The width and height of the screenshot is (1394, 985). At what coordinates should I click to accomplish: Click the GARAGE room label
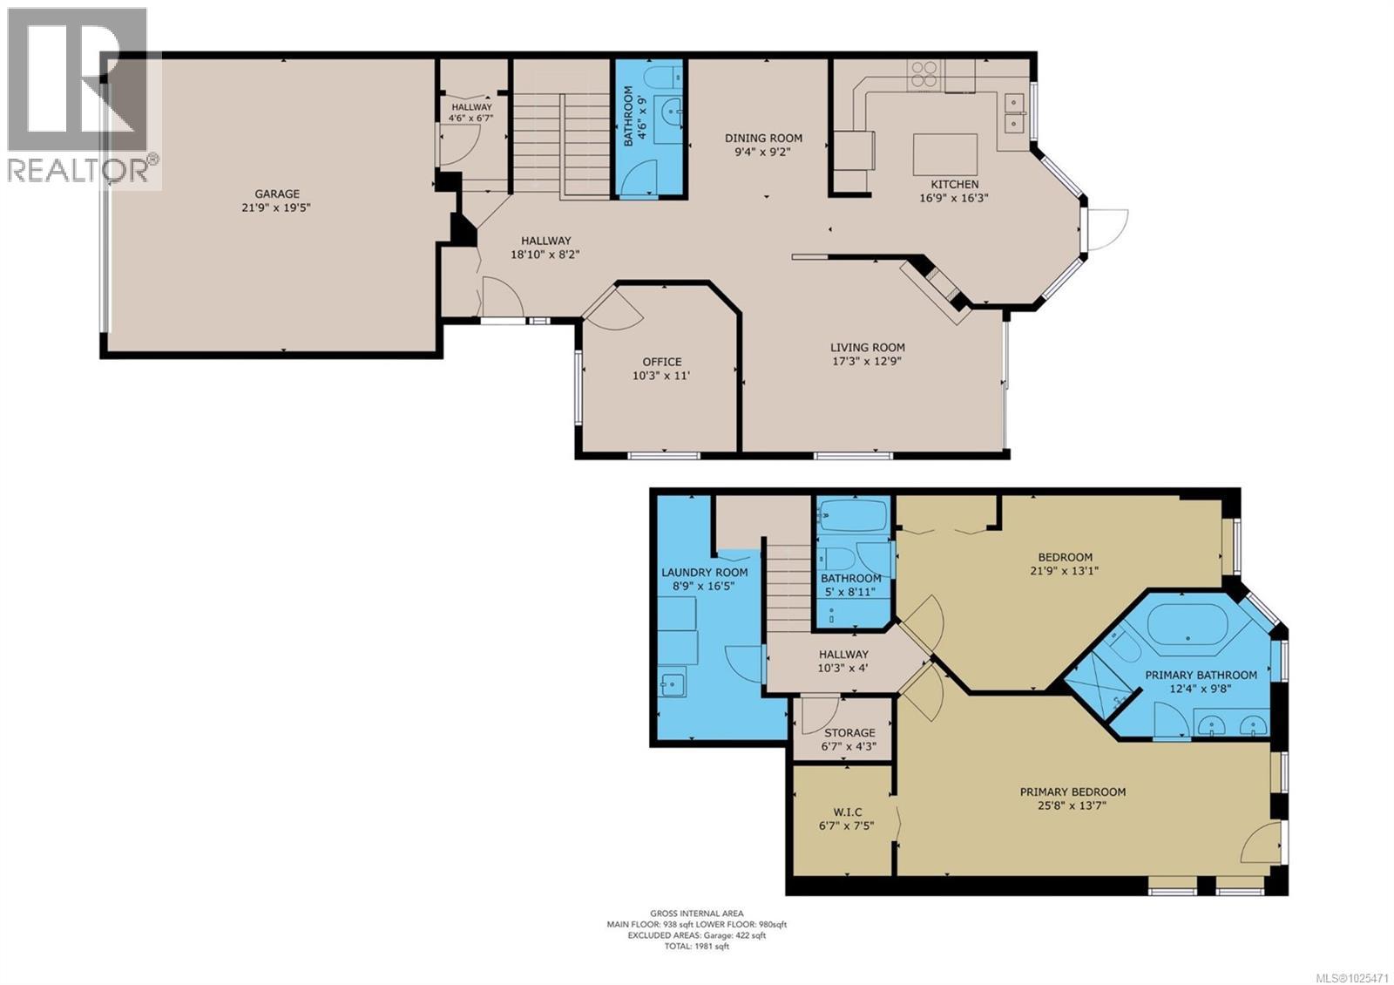(x=277, y=194)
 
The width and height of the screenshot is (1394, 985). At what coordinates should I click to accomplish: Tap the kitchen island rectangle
(x=945, y=155)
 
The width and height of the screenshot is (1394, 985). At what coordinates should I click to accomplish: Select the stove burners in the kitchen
(x=925, y=74)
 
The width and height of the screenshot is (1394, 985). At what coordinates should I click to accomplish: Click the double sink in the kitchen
(x=1015, y=112)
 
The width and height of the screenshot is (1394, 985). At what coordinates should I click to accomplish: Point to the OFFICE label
(x=662, y=362)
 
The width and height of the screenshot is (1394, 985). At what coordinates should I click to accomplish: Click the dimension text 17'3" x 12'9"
(x=867, y=361)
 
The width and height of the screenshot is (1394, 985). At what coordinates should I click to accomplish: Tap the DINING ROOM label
(x=763, y=138)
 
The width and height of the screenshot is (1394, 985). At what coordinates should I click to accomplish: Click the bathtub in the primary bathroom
(x=1186, y=624)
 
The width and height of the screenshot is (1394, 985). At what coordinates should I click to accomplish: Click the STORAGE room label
(x=849, y=733)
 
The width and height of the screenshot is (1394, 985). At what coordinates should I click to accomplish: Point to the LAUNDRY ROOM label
(x=704, y=573)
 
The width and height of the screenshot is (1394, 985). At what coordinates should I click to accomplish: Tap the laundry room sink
(x=673, y=684)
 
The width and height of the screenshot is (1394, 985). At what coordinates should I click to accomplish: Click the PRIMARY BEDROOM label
(x=1073, y=791)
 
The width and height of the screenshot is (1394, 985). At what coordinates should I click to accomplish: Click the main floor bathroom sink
(x=669, y=111)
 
